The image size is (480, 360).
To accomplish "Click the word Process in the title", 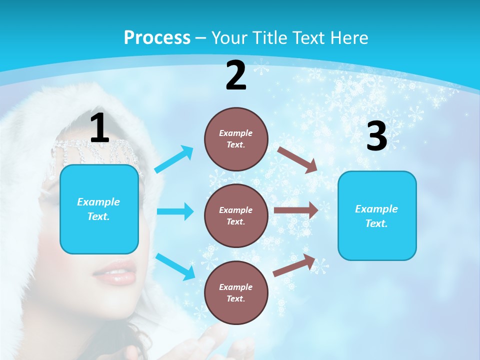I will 157,38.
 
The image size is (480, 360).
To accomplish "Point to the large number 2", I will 236,75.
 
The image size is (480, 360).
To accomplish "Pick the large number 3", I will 376,137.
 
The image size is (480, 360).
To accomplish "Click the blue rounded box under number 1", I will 99,209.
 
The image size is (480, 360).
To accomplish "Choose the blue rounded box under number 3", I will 376,216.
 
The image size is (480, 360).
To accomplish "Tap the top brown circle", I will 236,139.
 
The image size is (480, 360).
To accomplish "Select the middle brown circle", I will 236,215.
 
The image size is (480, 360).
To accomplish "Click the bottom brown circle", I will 236,292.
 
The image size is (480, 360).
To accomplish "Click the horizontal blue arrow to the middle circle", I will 175,211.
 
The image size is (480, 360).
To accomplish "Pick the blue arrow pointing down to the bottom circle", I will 175,266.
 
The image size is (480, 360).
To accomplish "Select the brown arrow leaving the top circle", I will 297,159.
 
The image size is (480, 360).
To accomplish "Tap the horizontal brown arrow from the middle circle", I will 295,210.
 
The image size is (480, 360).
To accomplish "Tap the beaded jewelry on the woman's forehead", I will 90,150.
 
